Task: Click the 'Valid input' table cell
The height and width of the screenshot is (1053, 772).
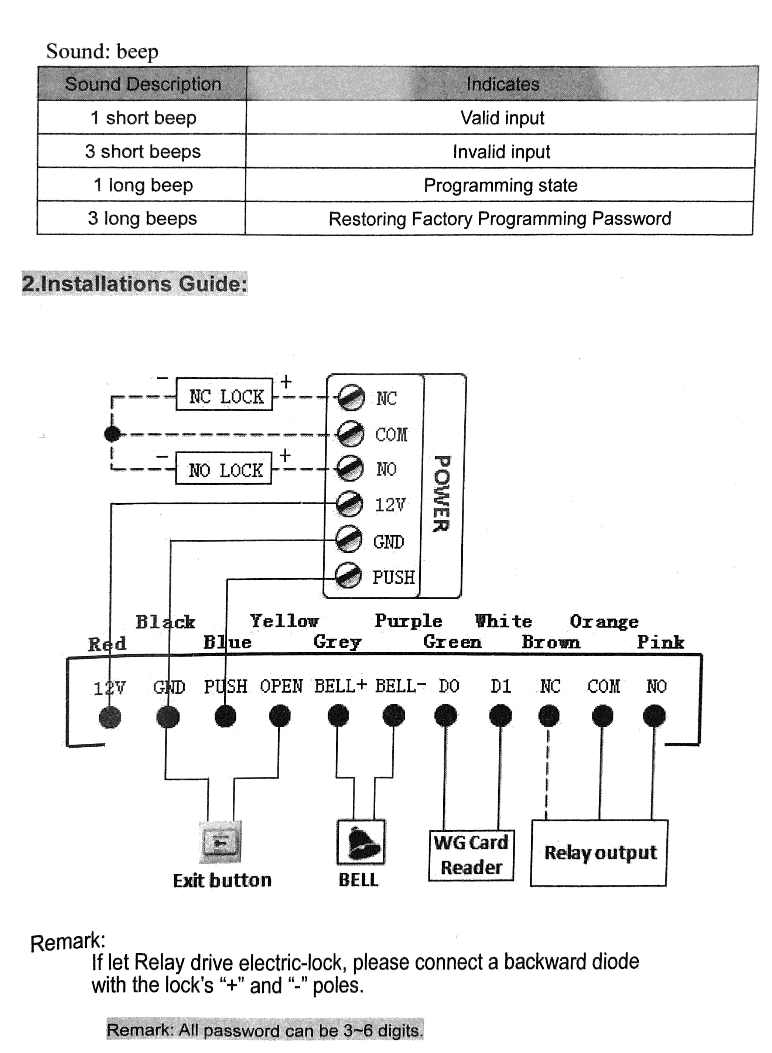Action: (502, 118)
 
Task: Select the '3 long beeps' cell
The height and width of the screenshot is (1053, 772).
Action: (142, 218)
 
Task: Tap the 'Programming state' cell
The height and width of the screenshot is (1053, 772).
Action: (500, 185)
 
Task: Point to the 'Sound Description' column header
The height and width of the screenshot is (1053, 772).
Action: (143, 84)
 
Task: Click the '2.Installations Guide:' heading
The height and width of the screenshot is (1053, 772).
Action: (134, 284)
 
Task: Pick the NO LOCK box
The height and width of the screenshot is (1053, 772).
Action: (224, 469)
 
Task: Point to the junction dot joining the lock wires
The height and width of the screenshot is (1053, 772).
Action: (112, 434)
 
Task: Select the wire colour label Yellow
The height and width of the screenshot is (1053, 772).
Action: (284, 621)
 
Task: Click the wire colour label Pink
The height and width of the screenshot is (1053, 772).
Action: (660, 642)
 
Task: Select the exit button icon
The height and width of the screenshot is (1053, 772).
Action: (221, 842)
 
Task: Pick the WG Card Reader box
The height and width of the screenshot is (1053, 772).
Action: (471, 855)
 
